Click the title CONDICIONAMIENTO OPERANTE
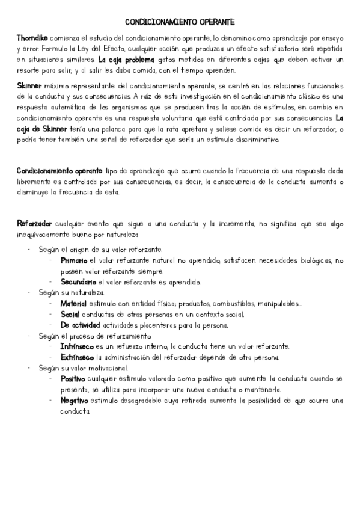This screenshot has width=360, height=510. pos(180,22)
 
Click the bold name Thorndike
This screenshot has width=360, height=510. pos(32,37)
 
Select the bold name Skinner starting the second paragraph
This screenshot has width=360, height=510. pos(29,86)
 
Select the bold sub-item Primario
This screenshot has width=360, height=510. pos(74,260)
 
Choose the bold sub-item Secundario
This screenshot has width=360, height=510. pos(78,282)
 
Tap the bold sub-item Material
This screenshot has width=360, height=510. pos(73,304)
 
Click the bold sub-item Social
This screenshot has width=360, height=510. pos(70,315)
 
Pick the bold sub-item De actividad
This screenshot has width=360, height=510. pos(81,325)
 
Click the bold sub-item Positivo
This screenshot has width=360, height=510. pos(73,379)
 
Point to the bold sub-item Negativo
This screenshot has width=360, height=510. pos(75,401)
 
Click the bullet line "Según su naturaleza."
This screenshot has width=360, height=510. pos(71,293)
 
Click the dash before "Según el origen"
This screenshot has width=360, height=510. pos(29,250)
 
